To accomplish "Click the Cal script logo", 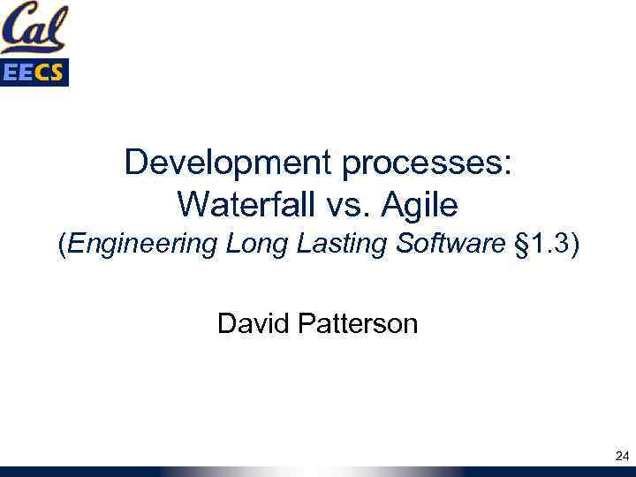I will pos(34,28).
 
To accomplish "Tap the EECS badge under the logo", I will pos(34,73).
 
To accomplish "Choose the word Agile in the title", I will pos(420,207).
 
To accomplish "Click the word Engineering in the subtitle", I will pos(142,244).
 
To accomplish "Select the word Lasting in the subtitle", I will pos(337,245).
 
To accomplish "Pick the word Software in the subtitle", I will pos(448,244).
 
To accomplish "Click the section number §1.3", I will pos(539,244).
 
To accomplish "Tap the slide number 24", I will pos(620,456).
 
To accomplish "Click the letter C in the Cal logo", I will pos(17,29).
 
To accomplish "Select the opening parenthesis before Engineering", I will pos(61,245).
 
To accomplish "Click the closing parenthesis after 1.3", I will pos(574,245).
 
